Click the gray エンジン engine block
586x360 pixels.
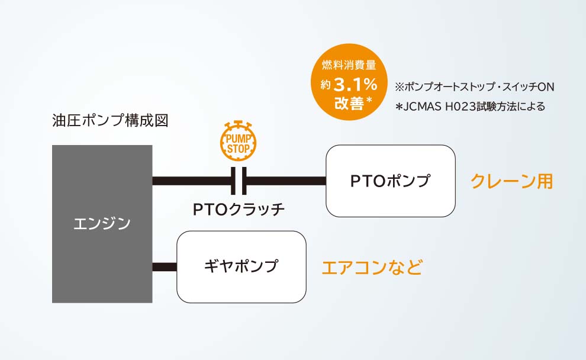(x=102, y=224)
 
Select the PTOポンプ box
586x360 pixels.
(x=391, y=181)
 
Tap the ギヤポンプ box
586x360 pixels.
(x=242, y=267)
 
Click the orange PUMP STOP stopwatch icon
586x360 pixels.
(x=238, y=140)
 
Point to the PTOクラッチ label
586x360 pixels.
(x=239, y=210)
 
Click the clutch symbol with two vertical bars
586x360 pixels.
(x=239, y=181)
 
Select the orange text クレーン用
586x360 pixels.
(x=511, y=181)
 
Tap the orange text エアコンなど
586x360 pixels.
(x=372, y=267)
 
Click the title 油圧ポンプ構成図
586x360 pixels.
(x=110, y=121)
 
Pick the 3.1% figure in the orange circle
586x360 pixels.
(x=355, y=85)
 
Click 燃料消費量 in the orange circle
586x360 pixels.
(x=349, y=65)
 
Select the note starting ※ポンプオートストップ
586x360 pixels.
(x=474, y=86)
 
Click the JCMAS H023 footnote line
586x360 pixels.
(x=470, y=107)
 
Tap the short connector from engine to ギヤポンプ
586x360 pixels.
(x=165, y=267)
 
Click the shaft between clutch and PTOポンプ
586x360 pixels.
(x=286, y=181)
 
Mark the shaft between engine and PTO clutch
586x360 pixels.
(x=192, y=181)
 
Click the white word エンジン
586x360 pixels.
(x=102, y=224)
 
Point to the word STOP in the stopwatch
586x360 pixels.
(x=239, y=149)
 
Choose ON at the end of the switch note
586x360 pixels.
(x=546, y=86)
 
